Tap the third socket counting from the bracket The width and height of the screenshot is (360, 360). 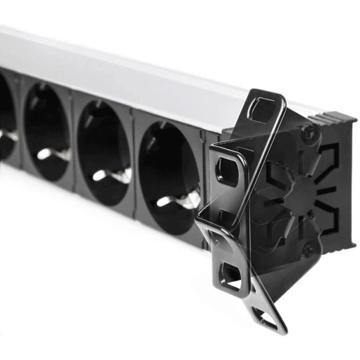click(48, 128)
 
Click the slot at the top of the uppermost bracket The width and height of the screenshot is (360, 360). click(262, 108)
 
